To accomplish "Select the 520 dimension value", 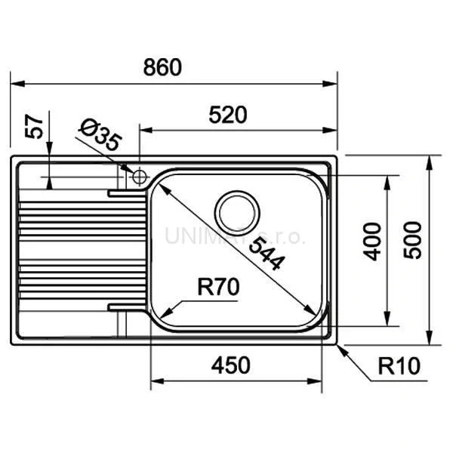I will (x=229, y=115).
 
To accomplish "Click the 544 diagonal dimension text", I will (x=267, y=253).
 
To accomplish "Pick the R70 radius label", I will (x=217, y=287).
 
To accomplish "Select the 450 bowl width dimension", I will (x=230, y=365).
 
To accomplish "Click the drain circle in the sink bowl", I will (x=236, y=212).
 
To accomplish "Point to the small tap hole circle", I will (x=139, y=177).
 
